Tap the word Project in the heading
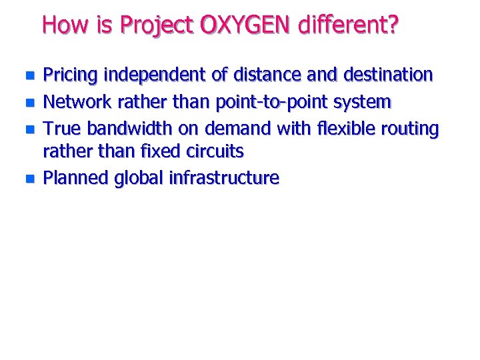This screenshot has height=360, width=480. point(157,26)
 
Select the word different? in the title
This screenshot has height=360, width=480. point(349,26)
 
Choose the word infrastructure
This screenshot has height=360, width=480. point(224,178)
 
